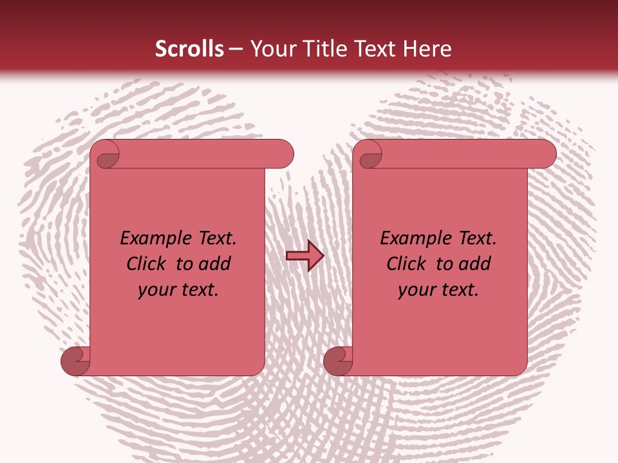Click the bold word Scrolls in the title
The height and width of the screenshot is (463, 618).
[190, 49]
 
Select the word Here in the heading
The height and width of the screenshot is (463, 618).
[428, 49]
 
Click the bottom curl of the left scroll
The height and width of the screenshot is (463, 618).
[76, 361]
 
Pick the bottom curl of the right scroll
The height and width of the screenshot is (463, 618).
[339, 361]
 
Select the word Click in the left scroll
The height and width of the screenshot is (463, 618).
[146, 264]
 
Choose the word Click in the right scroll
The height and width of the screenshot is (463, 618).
[406, 264]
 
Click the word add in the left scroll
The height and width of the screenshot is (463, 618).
[216, 264]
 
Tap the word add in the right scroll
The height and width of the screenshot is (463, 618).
[476, 264]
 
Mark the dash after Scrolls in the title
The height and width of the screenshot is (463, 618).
[236, 49]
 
